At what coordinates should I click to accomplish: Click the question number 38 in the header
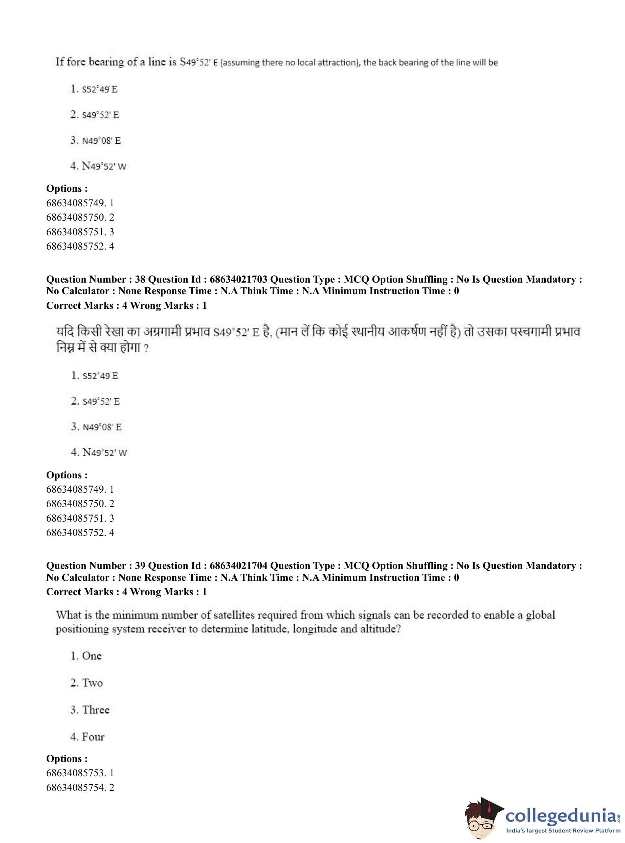tap(140, 279)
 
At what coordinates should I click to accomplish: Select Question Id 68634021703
tap(238, 279)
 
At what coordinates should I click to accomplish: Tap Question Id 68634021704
tap(238, 566)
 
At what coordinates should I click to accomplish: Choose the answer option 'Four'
tap(93, 737)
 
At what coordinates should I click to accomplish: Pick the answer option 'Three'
tap(95, 710)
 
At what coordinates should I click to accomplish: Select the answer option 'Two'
tap(92, 683)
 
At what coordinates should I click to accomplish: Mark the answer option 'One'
tap(92, 656)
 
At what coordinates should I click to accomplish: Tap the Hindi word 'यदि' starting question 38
tap(65, 332)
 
